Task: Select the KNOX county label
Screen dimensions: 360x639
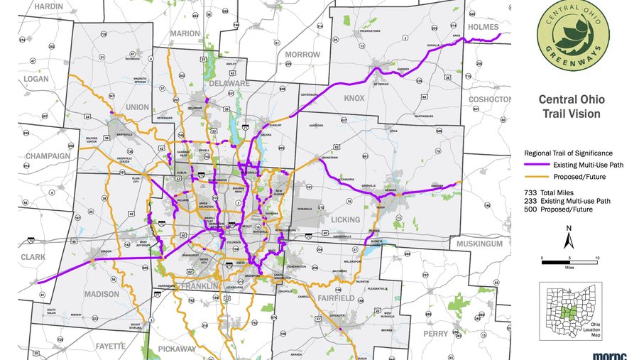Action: click(354, 98)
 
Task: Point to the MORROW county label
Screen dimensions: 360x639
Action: click(302, 54)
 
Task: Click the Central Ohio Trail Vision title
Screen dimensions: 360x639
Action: click(569, 107)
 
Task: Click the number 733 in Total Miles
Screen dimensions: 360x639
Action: click(530, 193)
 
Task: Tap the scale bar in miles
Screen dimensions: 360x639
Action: click(569, 262)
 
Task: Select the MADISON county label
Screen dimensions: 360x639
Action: click(101, 294)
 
